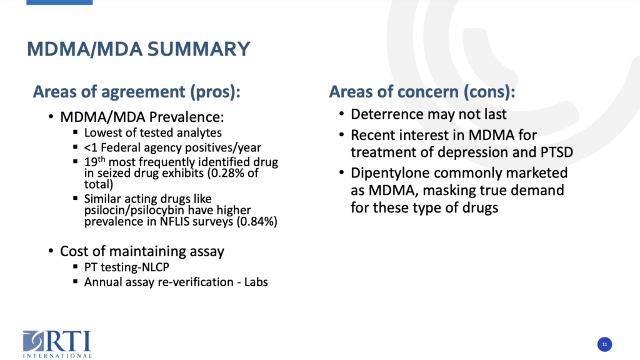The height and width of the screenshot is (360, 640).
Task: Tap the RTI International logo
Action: (57, 344)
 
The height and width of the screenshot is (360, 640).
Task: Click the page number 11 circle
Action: (604, 344)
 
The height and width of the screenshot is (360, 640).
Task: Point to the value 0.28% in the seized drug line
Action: (229, 173)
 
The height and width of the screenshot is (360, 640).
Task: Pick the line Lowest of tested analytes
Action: (153, 132)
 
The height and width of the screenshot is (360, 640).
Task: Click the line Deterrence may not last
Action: (429, 114)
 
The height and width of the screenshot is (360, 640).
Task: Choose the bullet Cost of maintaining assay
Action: (142, 251)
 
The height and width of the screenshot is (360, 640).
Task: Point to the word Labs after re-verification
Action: (256, 282)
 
